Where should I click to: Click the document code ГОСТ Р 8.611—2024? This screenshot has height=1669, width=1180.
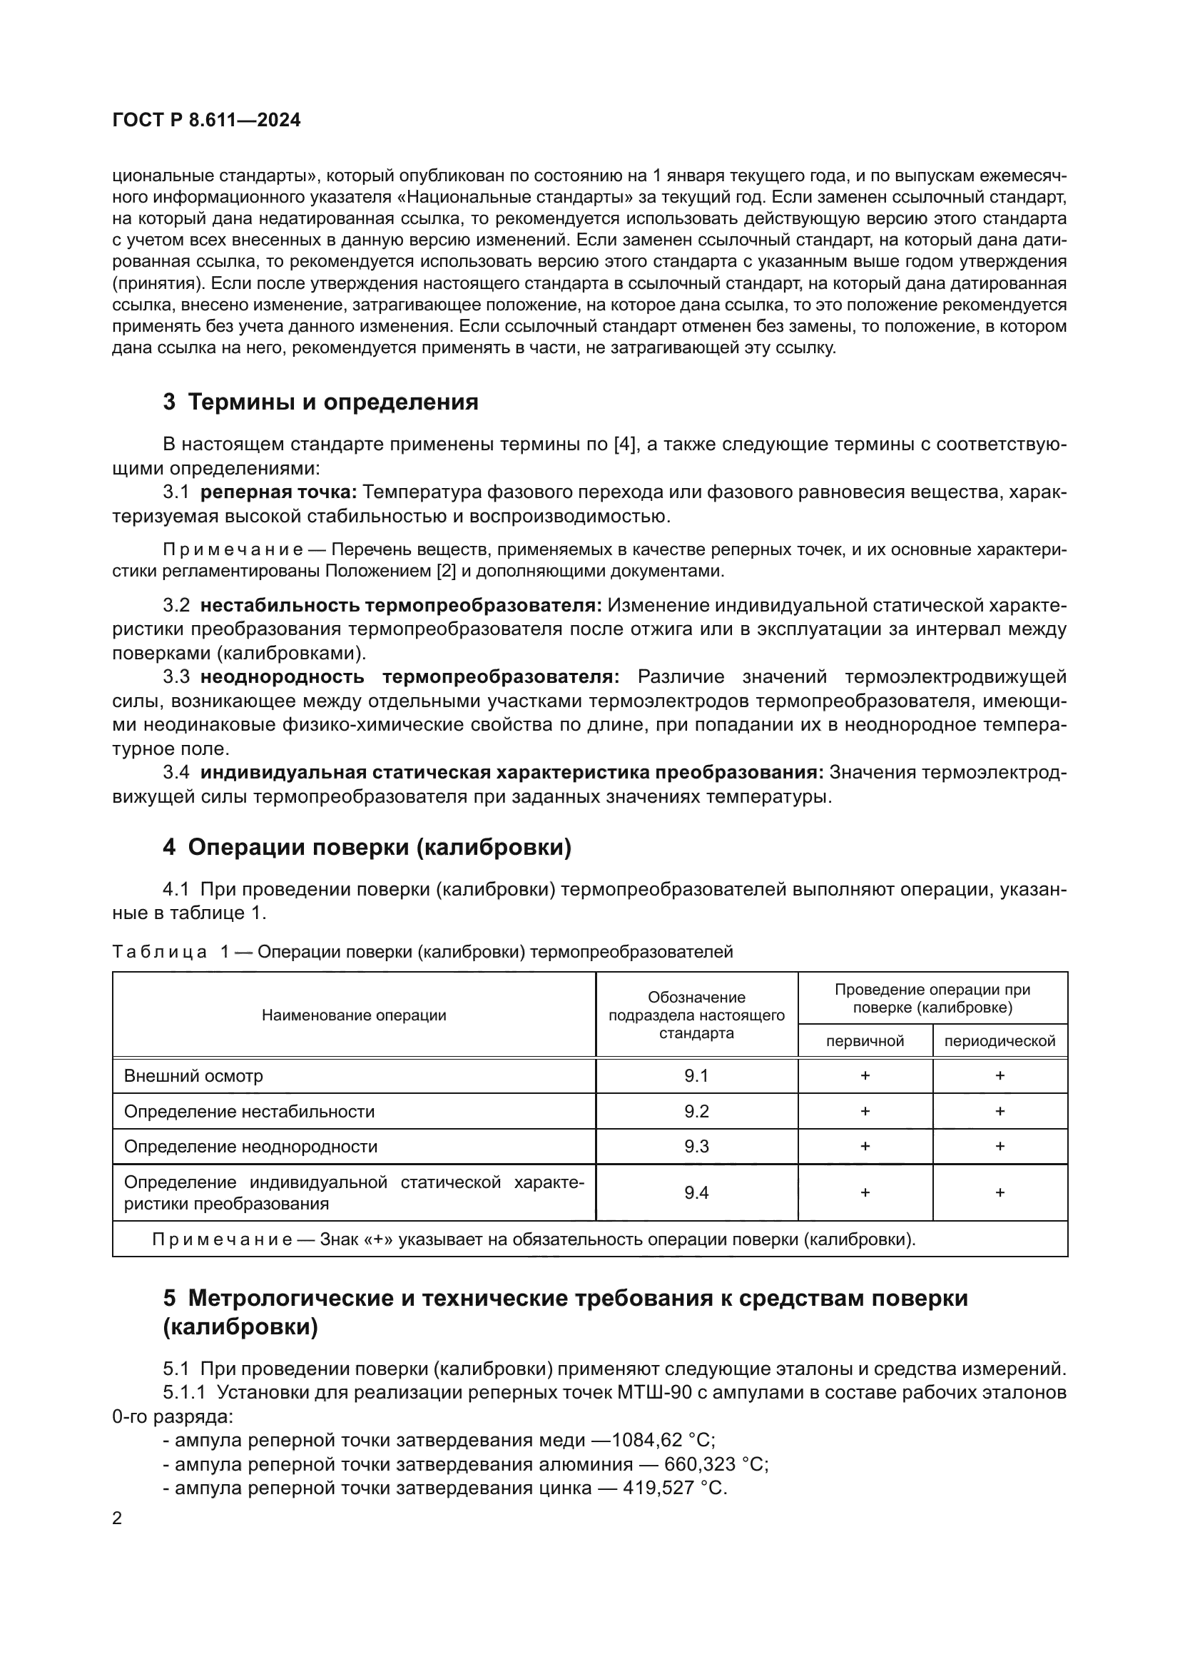point(206,121)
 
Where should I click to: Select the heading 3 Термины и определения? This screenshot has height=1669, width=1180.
point(320,401)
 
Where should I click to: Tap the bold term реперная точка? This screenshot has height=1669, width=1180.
point(278,492)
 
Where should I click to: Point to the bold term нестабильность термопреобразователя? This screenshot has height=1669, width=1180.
point(401,605)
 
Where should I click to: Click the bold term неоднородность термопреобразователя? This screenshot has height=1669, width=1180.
point(410,676)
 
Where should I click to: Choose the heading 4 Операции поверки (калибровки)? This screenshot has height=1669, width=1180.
point(367,847)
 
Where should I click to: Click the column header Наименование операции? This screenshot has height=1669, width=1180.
point(354,1015)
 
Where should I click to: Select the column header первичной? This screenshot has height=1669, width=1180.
point(865,1041)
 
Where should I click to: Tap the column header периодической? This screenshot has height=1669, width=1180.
point(999,1041)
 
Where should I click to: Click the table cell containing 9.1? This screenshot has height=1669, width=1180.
point(696,1076)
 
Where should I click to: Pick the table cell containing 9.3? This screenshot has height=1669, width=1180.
point(696,1147)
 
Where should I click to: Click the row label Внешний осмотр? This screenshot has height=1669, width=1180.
point(193,1076)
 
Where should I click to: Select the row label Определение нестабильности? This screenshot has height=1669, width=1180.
point(249,1112)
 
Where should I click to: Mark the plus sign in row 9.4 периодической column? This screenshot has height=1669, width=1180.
point(999,1192)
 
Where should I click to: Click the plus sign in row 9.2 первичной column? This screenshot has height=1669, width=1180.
point(865,1112)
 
